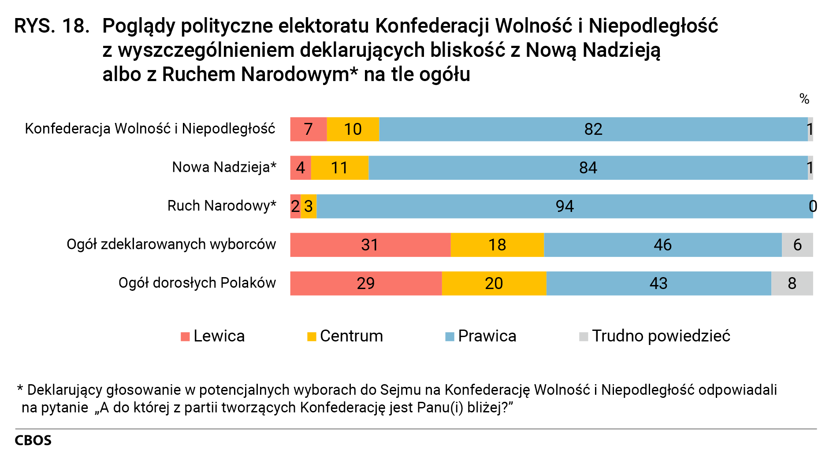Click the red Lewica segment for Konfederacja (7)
pos(308,129)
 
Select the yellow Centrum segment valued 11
pos(339,168)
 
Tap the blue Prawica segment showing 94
pos(564,206)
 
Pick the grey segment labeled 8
pos(792,283)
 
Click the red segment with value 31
pos(370,245)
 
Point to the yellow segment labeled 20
pos(494,283)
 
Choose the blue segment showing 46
pos(662,245)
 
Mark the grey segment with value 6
pos(797,245)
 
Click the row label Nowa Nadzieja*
pos(224,167)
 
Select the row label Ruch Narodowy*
pos(222,206)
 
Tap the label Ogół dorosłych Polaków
pos(197,283)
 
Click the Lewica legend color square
pos(185,337)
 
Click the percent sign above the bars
pos(804,99)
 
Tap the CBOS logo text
pos(33,441)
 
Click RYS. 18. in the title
pos(52,26)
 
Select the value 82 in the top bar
pos(593,130)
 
